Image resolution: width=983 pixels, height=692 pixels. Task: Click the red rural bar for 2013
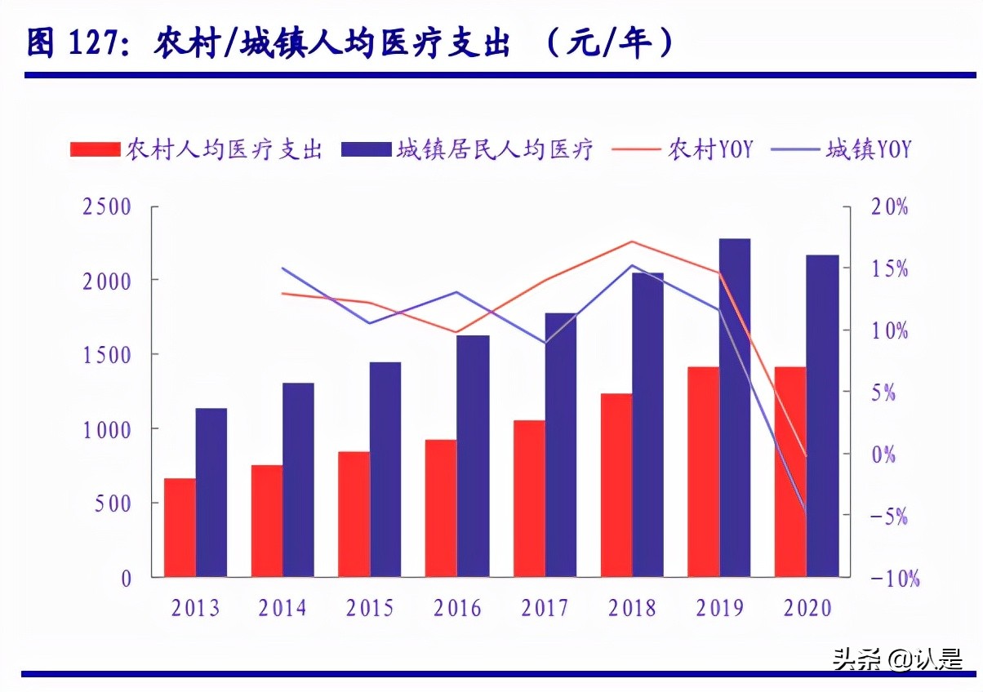(180, 527)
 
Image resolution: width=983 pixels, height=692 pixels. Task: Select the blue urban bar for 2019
(735, 408)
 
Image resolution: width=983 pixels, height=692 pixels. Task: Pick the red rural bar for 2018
(616, 485)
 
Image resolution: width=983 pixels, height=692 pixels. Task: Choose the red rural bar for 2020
(790, 472)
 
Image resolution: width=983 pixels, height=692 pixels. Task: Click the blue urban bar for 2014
(298, 479)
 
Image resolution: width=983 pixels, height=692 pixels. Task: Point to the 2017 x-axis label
(545, 608)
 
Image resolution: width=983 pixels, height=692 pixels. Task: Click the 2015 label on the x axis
(370, 608)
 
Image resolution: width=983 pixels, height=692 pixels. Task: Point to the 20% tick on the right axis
(890, 206)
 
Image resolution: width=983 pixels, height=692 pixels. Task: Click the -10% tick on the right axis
(894, 579)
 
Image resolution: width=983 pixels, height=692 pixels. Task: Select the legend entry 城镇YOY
(868, 149)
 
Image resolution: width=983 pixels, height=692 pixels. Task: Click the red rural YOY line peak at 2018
(632, 242)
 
